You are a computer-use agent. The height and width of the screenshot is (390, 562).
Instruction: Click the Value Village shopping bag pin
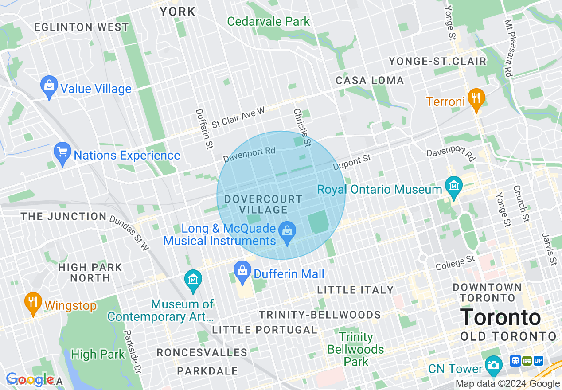(49, 87)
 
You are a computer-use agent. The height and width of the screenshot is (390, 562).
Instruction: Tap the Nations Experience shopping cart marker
(62, 153)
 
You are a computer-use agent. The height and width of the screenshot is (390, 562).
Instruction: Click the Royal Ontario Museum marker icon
(453, 188)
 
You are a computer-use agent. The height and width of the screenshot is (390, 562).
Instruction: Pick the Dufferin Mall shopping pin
(242, 273)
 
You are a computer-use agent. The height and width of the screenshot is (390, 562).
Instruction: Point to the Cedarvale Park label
(269, 21)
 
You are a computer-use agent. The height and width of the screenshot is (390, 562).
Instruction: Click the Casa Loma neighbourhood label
(370, 81)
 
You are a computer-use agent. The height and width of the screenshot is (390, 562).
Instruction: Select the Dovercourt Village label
(263, 204)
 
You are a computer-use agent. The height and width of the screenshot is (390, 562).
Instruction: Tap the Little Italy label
(355, 290)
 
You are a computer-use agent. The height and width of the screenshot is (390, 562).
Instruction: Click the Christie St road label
(302, 127)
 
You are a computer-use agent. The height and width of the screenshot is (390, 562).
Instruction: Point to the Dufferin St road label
(204, 129)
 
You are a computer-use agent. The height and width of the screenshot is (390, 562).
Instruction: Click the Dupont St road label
(352, 162)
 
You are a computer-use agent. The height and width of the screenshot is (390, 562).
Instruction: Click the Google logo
(30, 380)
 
